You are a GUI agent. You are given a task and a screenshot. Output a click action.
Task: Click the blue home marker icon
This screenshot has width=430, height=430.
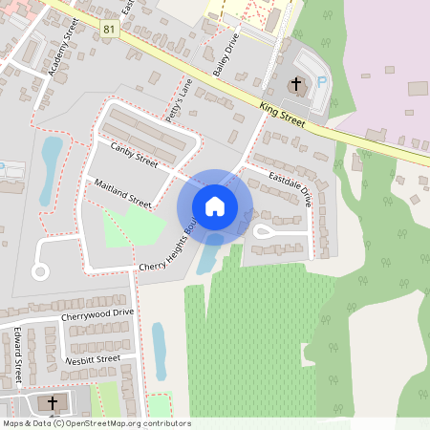point(215,206)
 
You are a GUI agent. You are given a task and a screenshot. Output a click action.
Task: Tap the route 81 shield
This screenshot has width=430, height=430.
point(107,30)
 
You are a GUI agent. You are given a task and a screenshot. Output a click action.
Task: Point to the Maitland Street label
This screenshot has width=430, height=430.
point(123,192)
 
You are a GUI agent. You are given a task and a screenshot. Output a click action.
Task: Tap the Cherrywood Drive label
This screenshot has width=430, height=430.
point(97,312)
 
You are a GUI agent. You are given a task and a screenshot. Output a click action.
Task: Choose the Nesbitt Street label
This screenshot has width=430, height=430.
point(93,359)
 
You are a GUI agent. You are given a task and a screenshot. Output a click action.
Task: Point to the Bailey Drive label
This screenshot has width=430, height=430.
point(225,58)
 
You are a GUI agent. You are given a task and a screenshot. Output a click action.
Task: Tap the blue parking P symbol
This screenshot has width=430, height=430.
point(321,83)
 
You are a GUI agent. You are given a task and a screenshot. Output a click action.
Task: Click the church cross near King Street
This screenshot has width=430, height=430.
point(296,85)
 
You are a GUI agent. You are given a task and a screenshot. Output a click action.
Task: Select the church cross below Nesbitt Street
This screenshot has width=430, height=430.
point(52,402)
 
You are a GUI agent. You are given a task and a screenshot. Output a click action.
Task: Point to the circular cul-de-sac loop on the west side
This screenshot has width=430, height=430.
point(40,272)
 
